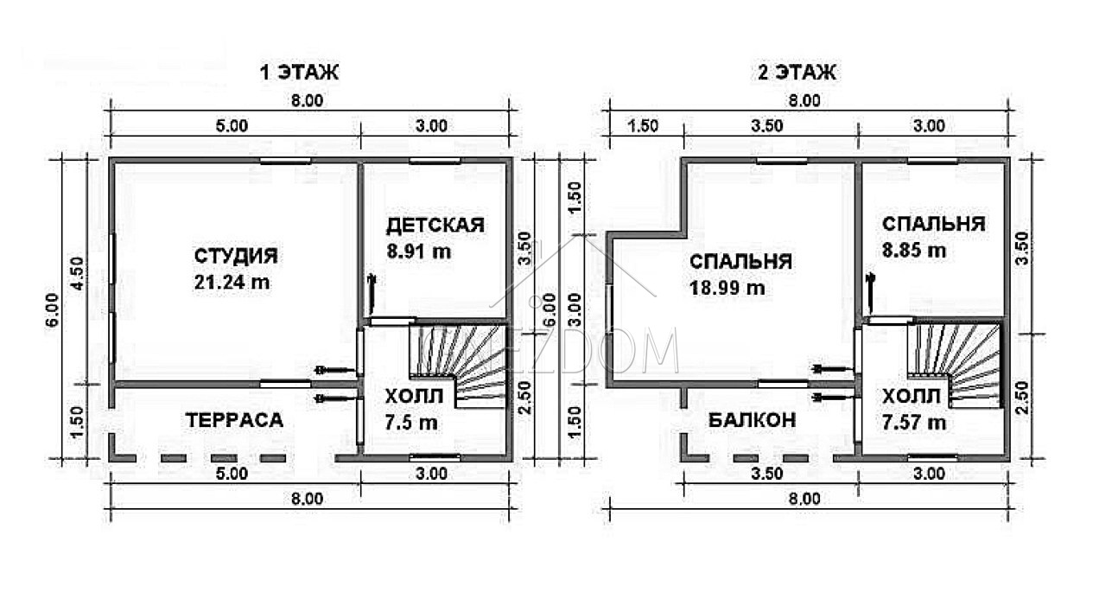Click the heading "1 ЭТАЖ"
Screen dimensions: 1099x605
[299, 73]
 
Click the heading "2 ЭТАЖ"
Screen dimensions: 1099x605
[797, 73]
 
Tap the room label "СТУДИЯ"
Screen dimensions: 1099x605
[236, 256]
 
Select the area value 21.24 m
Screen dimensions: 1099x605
[232, 283]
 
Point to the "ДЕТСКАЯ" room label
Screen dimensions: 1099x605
[435, 226]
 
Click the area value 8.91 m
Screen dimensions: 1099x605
[418, 252]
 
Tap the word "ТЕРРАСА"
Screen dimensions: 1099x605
[234, 420]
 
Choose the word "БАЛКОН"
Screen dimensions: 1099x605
[753, 420]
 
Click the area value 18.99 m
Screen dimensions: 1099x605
[727, 288]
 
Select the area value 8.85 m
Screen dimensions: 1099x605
[914, 251]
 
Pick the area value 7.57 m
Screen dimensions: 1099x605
[914, 423]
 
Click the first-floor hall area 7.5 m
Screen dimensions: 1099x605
[410, 423]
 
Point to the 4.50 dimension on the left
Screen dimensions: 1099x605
[78, 273]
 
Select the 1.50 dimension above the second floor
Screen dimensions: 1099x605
[643, 126]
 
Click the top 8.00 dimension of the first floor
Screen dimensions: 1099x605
[307, 100]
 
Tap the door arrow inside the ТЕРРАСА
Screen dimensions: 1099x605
[335, 398]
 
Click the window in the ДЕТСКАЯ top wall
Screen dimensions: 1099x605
[435, 161]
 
